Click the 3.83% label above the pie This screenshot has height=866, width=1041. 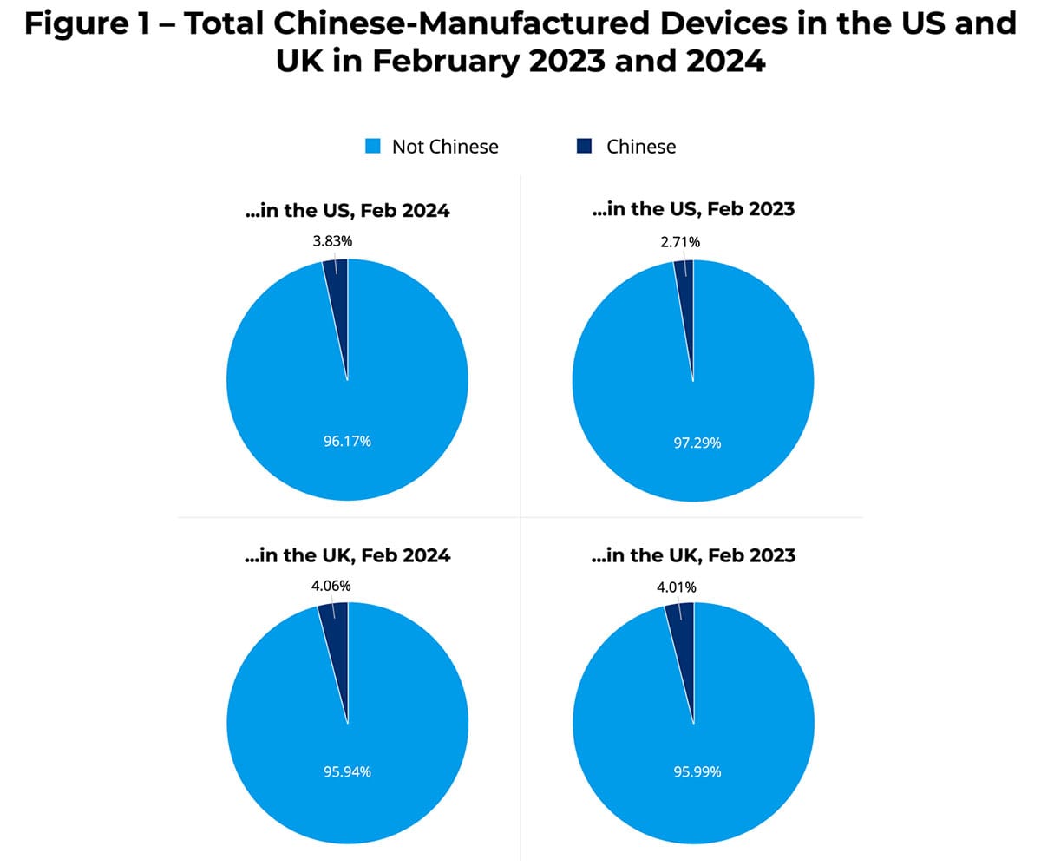click(332, 241)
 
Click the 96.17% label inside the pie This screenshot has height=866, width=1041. click(347, 441)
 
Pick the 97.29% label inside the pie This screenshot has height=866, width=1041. click(693, 443)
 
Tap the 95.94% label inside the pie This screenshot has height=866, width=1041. click(347, 771)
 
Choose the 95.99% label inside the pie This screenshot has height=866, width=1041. click(693, 771)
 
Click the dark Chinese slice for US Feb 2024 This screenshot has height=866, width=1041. click(337, 278)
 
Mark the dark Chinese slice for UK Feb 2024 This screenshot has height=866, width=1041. click(336, 620)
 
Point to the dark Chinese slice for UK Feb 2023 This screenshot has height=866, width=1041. click(682, 620)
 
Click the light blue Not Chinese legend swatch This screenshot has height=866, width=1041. click(372, 147)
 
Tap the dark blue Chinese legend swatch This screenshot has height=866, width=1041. click(586, 147)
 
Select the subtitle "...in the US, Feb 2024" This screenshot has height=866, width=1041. click(347, 210)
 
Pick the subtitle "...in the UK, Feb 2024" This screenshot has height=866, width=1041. click(347, 555)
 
